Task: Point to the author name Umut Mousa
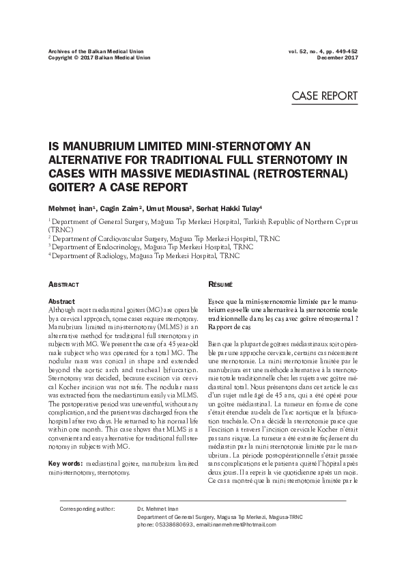click(x=166, y=208)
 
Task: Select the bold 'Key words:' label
click(x=66, y=463)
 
